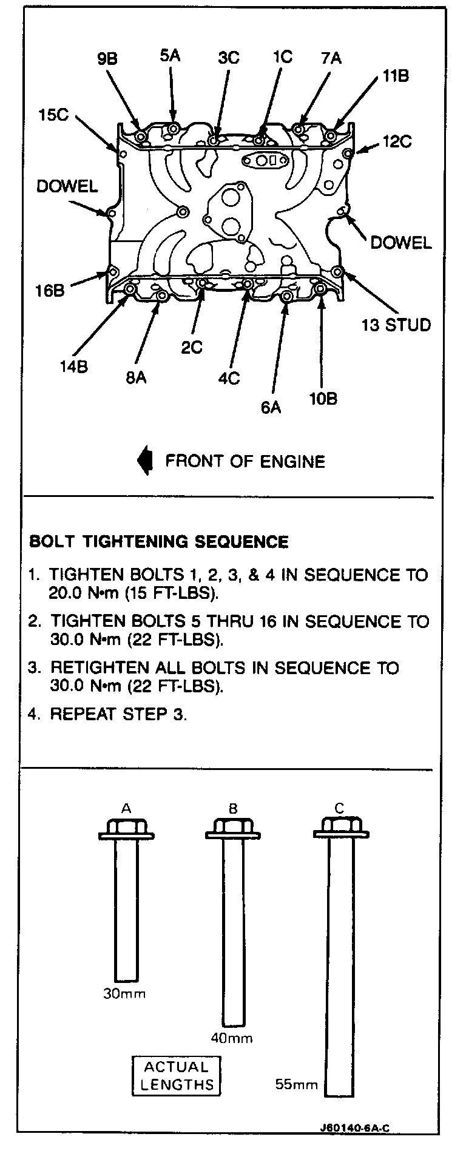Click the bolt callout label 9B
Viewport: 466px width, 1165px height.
(x=107, y=59)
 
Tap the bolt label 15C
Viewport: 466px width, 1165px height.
(x=53, y=114)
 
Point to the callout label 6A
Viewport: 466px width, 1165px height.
(x=271, y=407)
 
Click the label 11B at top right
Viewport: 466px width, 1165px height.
(x=395, y=76)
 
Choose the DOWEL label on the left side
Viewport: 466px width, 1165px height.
(x=67, y=186)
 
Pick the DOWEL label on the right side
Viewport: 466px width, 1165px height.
(x=400, y=243)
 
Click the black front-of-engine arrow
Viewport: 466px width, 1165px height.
(x=145, y=461)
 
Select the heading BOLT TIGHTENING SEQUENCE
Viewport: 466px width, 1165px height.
(x=158, y=541)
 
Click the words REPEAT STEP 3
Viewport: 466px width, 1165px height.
(x=118, y=714)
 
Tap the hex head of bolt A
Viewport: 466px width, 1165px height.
(x=126, y=828)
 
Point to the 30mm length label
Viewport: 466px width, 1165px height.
(x=126, y=994)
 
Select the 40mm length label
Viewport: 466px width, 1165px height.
(x=232, y=1038)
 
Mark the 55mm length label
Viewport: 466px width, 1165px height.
(x=297, y=1084)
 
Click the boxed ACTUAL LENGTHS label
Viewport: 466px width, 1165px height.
(x=177, y=1076)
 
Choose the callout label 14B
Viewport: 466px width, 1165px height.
(x=73, y=366)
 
